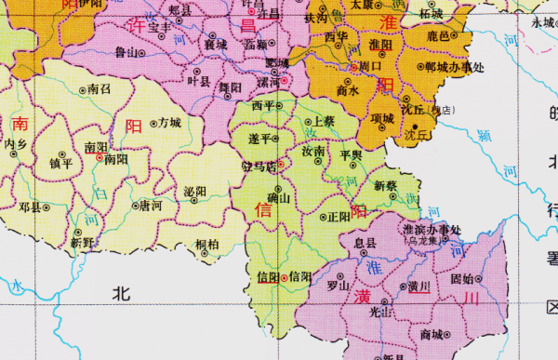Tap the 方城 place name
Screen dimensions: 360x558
coord(169,122)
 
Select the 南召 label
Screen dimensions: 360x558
coord(100,89)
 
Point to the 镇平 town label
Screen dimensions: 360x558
coord(61,163)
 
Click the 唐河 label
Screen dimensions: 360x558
coord(151,205)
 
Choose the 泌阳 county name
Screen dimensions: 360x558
coord(195,192)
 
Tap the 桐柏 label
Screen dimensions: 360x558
coord(207,245)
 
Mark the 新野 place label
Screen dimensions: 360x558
coord(83,243)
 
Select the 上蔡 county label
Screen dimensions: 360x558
coord(324,121)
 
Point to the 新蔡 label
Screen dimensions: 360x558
coord(385,186)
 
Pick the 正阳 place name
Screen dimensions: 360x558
coord(339,217)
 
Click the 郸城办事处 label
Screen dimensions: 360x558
coord(459,68)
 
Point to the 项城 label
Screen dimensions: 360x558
coord(381,118)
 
